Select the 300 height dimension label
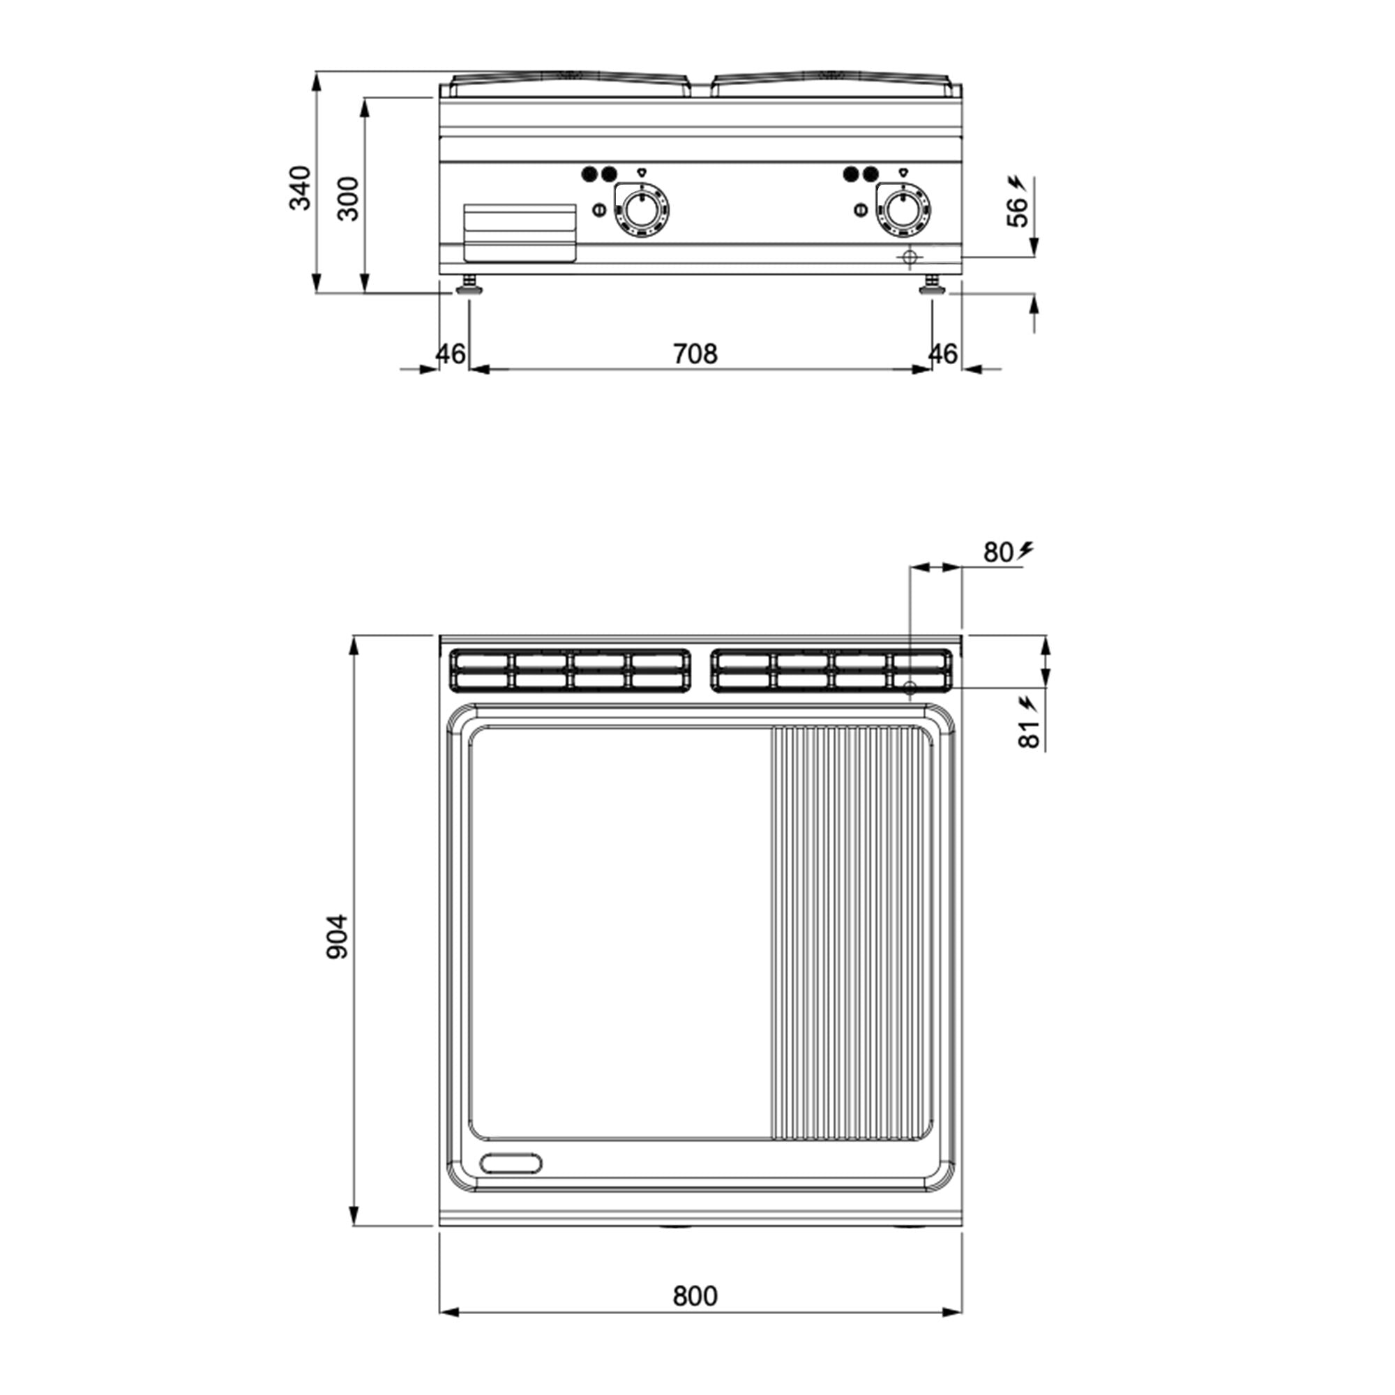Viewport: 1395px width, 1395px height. tap(349, 199)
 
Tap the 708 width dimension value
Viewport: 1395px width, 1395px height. tap(695, 354)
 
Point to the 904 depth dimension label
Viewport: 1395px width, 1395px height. tap(337, 937)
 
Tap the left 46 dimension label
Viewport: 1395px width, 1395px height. tap(451, 354)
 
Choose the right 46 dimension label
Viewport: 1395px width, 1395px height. tap(942, 354)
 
